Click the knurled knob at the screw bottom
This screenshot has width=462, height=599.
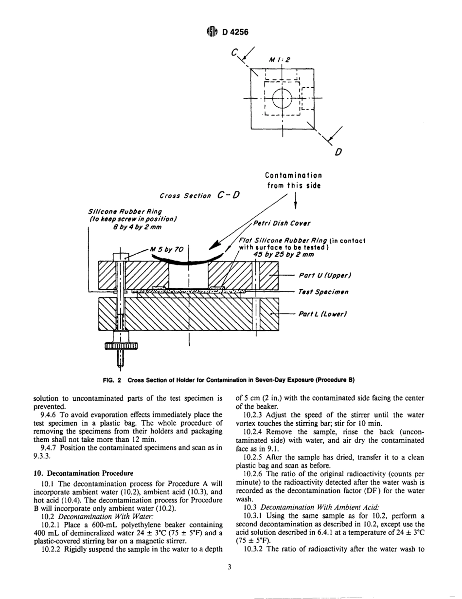(x=121, y=346)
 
